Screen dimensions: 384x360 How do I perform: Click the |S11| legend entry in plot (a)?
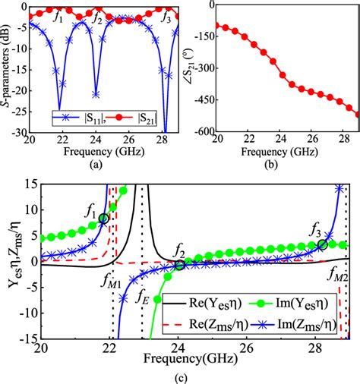point(77,118)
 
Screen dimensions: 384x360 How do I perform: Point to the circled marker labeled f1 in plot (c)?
point(103,219)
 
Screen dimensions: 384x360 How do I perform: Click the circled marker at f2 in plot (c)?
point(179,265)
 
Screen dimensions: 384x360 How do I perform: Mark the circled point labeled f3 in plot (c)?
point(322,244)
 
